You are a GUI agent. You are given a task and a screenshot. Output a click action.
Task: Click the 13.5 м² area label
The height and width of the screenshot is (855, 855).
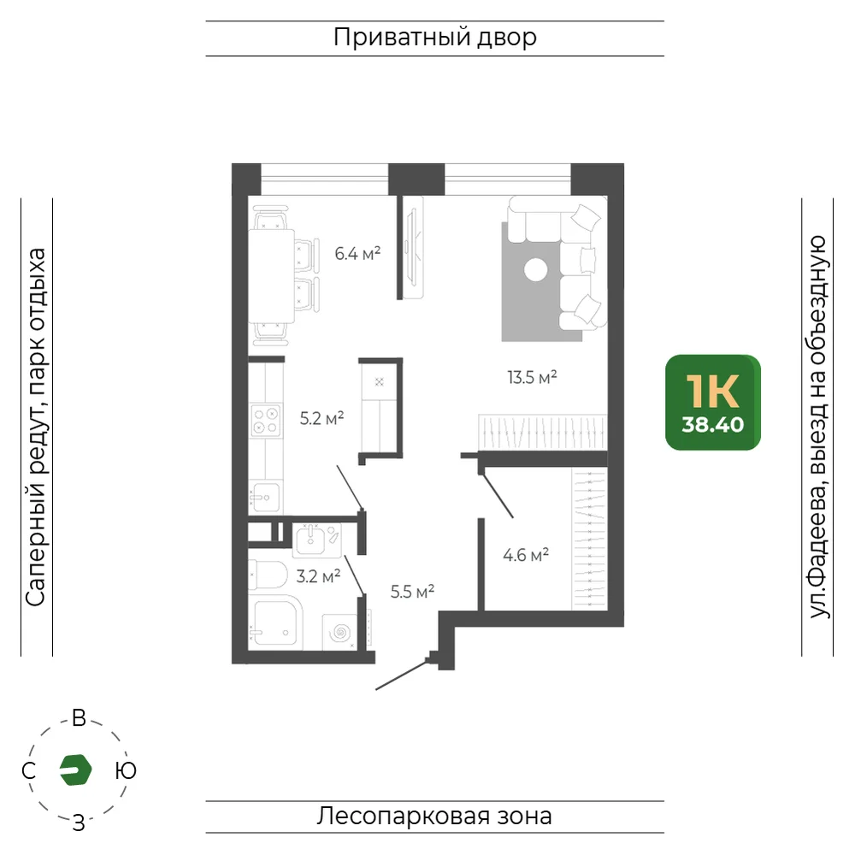click(532, 377)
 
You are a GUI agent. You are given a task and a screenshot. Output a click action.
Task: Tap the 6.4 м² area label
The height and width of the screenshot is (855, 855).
click(357, 254)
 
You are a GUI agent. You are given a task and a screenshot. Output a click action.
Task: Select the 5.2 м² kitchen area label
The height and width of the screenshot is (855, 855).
click(321, 418)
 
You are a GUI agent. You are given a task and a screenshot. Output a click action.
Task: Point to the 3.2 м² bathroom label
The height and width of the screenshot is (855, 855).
click(318, 575)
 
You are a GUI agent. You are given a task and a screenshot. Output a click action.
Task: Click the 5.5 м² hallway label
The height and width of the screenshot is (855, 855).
click(412, 591)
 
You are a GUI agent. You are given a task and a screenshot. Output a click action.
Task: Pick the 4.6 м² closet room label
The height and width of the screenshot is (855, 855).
click(526, 555)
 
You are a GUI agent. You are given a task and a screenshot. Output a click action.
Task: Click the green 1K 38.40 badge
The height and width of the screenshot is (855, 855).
click(713, 403)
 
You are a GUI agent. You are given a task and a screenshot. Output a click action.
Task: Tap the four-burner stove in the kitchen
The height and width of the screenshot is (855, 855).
click(266, 421)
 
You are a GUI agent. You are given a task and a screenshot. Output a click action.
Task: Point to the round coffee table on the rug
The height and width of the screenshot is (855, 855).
click(535, 269)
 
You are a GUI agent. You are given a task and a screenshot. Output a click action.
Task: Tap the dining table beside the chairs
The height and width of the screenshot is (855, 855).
click(272, 276)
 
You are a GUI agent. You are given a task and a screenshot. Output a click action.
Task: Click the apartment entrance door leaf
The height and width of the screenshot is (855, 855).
click(401, 675)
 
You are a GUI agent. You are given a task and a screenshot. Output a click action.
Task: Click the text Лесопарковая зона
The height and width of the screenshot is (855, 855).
click(434, 817)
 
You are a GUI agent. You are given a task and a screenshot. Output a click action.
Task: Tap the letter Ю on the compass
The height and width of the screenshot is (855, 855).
click(126, 770)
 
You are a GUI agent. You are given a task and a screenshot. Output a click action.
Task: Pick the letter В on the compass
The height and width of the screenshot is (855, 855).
click(79, 718)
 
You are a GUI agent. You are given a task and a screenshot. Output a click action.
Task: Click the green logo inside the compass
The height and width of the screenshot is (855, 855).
click(75, 770)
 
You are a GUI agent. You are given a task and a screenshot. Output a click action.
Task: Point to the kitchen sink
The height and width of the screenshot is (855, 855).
click(266, 497)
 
